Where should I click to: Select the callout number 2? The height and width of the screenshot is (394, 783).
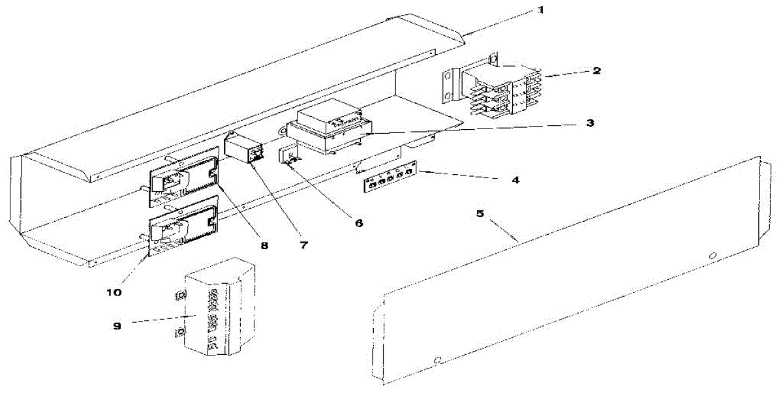(x=597, y=70)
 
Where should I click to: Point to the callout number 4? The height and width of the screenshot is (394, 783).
(x=515, y=179)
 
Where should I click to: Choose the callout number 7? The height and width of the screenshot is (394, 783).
(x=304, y=247)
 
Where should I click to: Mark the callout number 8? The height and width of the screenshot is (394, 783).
(x=264, y=246)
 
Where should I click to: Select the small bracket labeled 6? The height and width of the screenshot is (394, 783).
(x=290, y=159)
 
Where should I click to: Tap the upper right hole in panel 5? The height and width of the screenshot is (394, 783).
(x=713, y=254)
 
